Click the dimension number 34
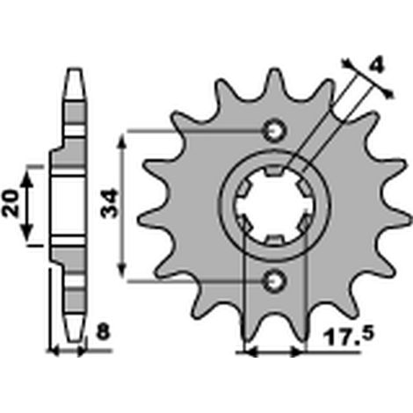[x=109, y=204]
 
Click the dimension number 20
[x=11, y=203]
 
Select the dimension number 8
[x=103, y=333]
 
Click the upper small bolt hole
[x=274, y=131]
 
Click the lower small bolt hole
[x=274, y=281]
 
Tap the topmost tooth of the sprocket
[x=274, y=79]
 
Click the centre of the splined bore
[x=274, y=206]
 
